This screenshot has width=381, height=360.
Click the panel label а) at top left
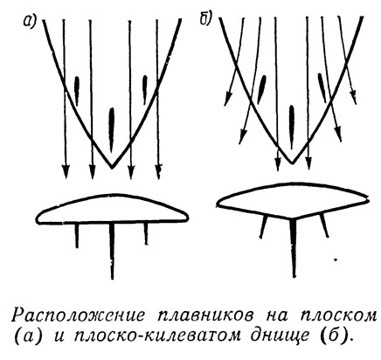pos(29,21)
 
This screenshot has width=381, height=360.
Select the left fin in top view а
pos(77,91)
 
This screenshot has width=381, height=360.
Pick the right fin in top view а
pos(145,90)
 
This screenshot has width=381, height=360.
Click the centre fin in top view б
pos(292,124)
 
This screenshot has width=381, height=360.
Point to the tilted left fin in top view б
pos(262,89)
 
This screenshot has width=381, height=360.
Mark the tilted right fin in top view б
pos(322,87)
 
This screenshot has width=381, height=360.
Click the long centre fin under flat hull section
pos(112,251)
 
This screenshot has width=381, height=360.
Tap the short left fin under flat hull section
pos(77,235)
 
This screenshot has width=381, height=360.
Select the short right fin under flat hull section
pos(146,234)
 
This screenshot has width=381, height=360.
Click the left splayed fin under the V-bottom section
pos(263,226)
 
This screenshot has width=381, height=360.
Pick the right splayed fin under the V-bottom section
pos(324,225)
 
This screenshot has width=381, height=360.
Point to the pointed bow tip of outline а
pos(112,168)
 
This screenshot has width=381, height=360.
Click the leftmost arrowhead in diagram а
pos(66,172)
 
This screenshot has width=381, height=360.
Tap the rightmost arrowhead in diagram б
pos(353,97)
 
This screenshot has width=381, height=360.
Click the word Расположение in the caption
pos(79,315)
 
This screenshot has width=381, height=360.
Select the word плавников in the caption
pos(203,315)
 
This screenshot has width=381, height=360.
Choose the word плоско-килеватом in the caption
pos(157,336)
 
